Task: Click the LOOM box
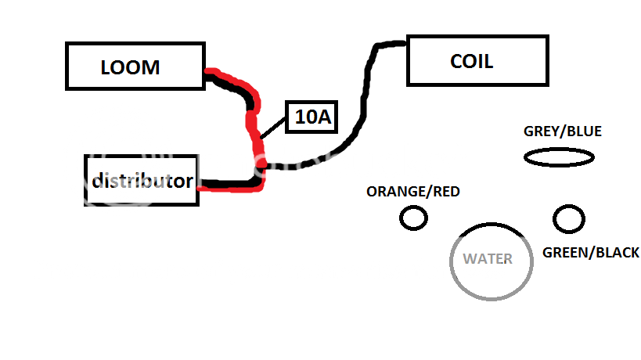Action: point(135,66)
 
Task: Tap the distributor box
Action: point(142,180)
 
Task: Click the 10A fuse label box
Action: point(312,117)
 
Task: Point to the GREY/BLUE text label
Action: point(562,131)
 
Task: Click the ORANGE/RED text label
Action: point(412,192)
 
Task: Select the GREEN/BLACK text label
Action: point(590,253)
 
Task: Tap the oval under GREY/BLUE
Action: point(558,158)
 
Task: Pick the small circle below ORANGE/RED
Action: point(413,218)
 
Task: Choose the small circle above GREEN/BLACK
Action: point(568,218)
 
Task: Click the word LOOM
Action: point(130,67)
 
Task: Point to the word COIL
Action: point(471,61)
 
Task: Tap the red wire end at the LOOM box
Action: point(211,74)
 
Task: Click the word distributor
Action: point(142,181)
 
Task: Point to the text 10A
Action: point(312,117)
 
